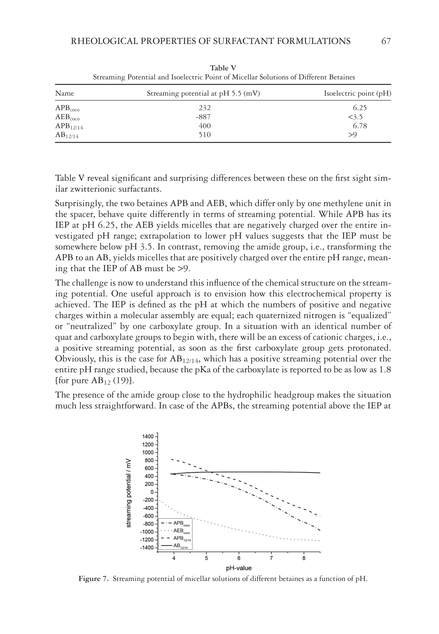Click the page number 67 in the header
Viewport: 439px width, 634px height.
pos(386,41)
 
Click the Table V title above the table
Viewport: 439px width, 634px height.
pos(223,68)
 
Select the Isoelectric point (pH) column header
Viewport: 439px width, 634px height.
pos(357,93)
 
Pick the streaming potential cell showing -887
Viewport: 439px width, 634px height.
pos(203,117)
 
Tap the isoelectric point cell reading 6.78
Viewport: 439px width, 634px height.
pos(360,126)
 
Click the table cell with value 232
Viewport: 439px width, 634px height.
pos(205,108)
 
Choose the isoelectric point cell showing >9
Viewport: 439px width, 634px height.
pos(352,135)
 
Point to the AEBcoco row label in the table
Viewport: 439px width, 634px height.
pos(67,117)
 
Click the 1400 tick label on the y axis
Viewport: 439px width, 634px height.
pos(148,437)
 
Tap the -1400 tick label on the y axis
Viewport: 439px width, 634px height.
pos(147,548)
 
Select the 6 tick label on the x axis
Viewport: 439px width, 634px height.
pos(239,558)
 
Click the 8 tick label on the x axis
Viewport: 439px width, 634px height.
pos(304,558)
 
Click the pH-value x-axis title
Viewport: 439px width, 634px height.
pos(239,568)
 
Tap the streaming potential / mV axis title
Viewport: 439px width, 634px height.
pos(129,492)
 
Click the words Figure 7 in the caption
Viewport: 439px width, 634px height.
pos(93,579)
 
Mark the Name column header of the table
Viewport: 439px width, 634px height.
pos(65,93)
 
